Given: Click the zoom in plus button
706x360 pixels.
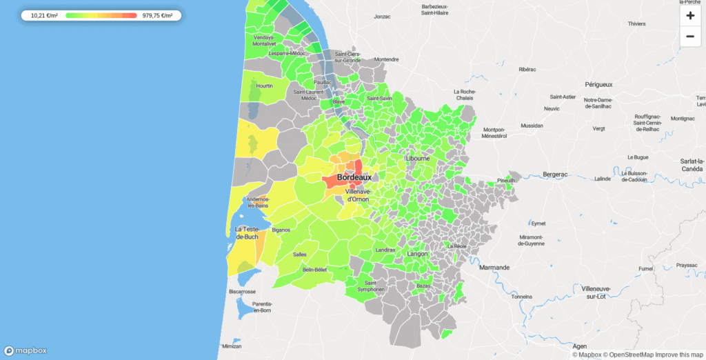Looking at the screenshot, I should click(x=690, y=15).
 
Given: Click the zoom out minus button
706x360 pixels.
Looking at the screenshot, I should click(x=690, y=37).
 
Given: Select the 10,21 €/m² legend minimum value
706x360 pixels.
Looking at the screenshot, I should click(x=45, y=15).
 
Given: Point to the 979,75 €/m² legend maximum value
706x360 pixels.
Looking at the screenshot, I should click(x=157, y=15).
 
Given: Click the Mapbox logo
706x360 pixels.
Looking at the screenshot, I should click(x=26, y=350).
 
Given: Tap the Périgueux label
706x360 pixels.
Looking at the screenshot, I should click(x=598, y=85).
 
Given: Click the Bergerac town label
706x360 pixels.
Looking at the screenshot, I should click(x=554, y=174).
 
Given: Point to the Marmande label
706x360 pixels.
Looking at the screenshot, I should click(x=494, y=267).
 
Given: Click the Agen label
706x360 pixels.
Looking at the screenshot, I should click(x=581, y=346).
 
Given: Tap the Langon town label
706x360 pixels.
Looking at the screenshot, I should click(x=417, y=254).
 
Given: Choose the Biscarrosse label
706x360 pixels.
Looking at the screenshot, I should click(x=242, y=292).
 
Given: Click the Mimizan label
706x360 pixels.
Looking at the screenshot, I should click(x=232, y=346).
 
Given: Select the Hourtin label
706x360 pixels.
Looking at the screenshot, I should click(x=265, y=86).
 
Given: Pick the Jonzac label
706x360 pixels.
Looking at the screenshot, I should click(x=382, y=16).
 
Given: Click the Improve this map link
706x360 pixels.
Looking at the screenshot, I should click(x=680, y=354).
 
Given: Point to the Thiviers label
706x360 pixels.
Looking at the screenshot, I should click(x=636, y=23).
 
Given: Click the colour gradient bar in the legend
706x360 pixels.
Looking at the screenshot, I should click(x=101, y=15).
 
